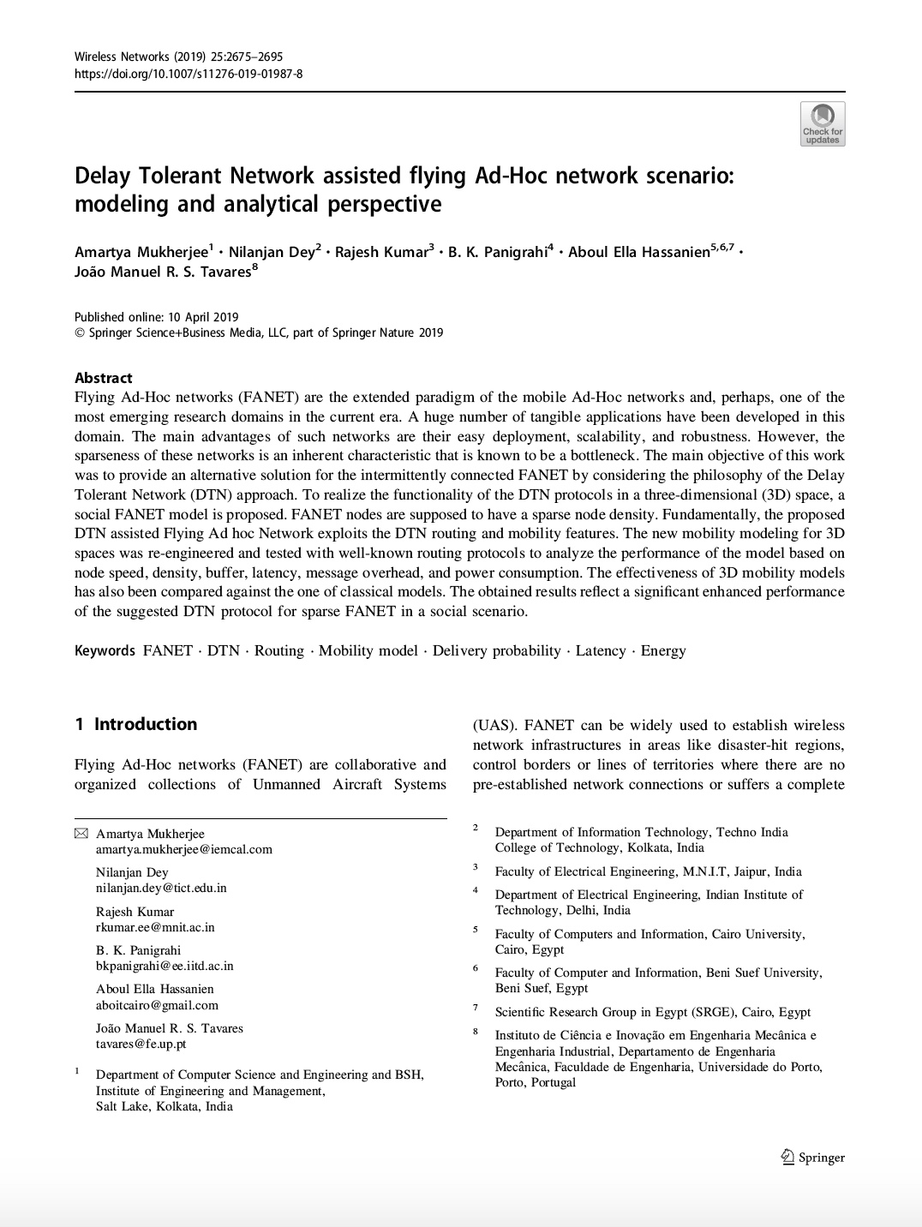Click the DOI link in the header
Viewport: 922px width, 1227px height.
tap(189, 74)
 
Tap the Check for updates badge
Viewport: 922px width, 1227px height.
tap(822, 124)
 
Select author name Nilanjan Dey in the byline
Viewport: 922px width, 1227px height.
tap(269, 252)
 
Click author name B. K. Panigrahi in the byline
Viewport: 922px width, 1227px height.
tap(497, 252)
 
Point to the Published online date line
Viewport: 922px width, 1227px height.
tap(157, 317)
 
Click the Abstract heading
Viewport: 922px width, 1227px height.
tap(103, 378)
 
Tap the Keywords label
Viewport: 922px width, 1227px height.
tap(105, 650)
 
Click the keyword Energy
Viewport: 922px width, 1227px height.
tap(663, 650)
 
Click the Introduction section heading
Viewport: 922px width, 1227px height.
tap(145, 724)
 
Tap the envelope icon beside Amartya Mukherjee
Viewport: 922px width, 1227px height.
tap(81, 834)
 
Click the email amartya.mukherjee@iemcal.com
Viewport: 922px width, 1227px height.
tap(184, 849)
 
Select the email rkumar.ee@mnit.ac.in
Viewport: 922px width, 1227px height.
tap(155, 927)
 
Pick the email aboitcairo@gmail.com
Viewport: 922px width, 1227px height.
tap(157, 1005)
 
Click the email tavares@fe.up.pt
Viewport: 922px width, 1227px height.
tap(141, 1044)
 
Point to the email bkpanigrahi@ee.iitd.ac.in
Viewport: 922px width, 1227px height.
tap(165, 966)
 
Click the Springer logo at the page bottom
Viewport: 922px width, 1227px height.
tap(813, 1158)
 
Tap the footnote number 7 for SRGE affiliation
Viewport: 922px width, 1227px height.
tap(476, 1009)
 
